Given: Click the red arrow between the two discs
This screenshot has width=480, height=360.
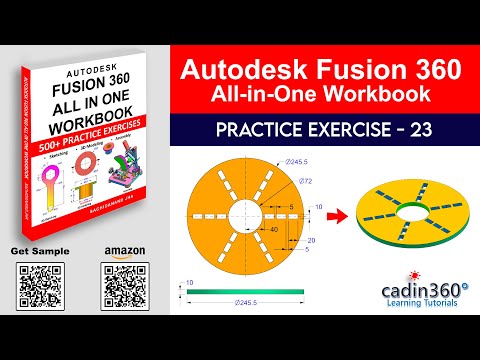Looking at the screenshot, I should click(341, 213).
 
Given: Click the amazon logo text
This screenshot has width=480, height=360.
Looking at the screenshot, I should click(121, 250).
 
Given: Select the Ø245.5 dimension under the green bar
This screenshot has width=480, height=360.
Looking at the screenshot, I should click(246, 300).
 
